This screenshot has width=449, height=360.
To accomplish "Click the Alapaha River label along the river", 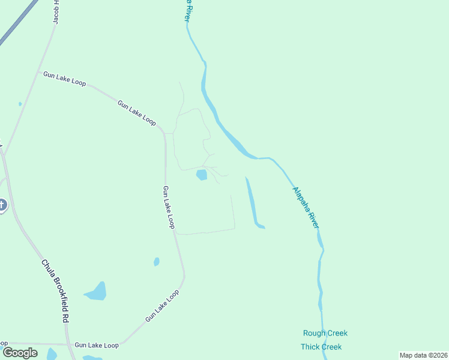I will [306, 207].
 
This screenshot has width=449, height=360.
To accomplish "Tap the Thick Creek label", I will [321, 347].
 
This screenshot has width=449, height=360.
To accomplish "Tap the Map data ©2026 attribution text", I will [423, 355].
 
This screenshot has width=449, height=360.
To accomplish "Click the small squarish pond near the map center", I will [202, 175].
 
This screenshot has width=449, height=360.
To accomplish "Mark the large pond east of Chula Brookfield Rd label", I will [97, 292].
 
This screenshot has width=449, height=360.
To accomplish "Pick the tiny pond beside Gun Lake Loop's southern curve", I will [157, 262].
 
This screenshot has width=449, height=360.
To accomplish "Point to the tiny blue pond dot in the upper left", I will [20, 104].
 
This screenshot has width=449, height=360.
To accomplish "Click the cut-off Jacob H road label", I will [56, 12].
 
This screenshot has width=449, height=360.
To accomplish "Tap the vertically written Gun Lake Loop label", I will [168, 207].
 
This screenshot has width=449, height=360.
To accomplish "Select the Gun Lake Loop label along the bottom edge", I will [97, 345].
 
